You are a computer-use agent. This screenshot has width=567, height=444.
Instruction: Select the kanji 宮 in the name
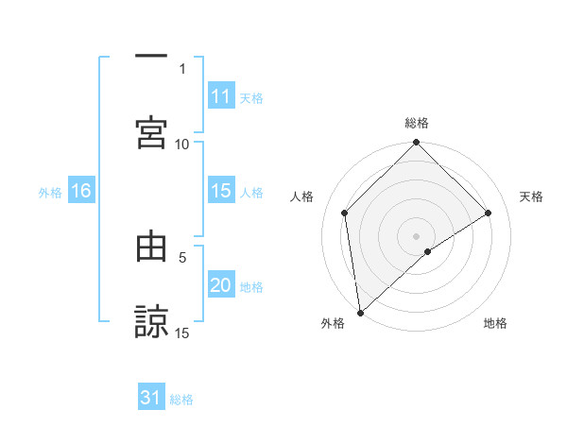(151, 132)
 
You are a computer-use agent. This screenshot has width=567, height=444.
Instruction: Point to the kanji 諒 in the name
(151, 321)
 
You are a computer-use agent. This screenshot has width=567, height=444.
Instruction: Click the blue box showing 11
(221, 96)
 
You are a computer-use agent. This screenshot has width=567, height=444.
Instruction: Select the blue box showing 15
(221, 191)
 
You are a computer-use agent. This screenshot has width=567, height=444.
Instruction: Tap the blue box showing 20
(221, 285)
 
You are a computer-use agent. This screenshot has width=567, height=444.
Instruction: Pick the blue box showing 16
(80, 191)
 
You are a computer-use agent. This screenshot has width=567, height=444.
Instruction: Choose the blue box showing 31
(151, 398)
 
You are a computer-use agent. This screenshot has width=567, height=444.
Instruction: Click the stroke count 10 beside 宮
(182, 144)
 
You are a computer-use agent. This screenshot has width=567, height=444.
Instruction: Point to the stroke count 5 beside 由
(183, 256)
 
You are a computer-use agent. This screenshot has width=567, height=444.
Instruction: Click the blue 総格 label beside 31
(182, 400)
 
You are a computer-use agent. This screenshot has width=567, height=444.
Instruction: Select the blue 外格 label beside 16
(50, 193)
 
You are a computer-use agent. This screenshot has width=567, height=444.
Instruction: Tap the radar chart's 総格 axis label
(417, 123)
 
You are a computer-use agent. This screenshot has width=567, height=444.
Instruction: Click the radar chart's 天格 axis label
(532, 196)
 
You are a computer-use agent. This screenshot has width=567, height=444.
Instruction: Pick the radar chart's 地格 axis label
(495, 323)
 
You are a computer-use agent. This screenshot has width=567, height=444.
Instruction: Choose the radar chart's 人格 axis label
(302, 196)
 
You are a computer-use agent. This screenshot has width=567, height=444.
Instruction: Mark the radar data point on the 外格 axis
(359, 313)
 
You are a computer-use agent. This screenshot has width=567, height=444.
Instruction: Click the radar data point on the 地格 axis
(428, 251)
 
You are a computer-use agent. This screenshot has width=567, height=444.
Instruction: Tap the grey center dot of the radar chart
(417, 235)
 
